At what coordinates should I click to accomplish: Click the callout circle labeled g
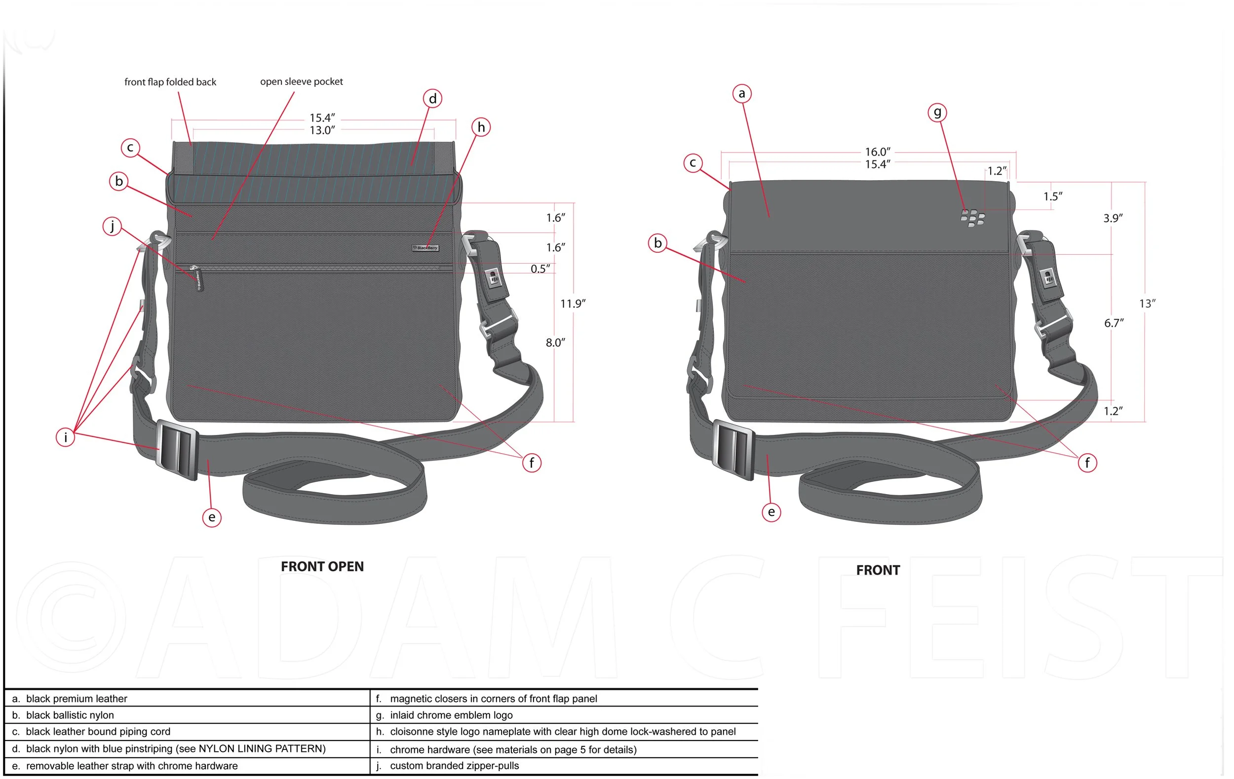[x=937, y=112]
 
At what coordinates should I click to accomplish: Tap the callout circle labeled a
[x=741, y=94]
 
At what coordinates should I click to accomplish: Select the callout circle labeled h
[x=481, y=127]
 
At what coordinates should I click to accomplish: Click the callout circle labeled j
[x=112, y=226]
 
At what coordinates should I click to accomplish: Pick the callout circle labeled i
[x=66, y=437]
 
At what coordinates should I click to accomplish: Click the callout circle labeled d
[x=432, y=98]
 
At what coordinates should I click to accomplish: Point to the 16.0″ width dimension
[x=877, y=152]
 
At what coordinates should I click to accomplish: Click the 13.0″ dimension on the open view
[x=322, y=130]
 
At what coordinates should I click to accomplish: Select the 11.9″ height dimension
[x=573, y=304]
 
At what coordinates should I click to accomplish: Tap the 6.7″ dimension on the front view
[x=1114, y=323]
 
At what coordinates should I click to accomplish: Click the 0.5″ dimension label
[x=540, y=269]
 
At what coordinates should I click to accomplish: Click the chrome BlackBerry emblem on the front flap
[x=972, y=218]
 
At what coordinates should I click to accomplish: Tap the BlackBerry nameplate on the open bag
[x=425, y=248]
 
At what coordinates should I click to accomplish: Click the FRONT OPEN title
[x=322, y=566]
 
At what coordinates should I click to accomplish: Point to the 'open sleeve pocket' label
[x=301, y=81]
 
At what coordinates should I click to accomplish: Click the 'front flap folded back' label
[x=170, y=82]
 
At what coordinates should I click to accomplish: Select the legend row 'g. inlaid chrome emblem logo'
[x=451, y=715]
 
